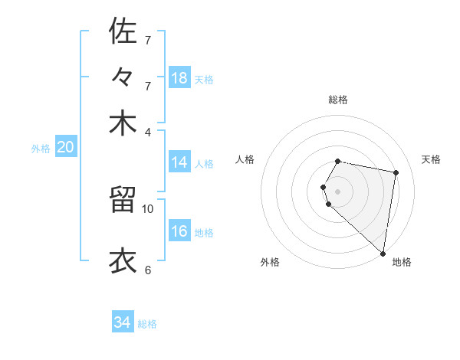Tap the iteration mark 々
[x=123, y=79]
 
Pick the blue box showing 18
[x=179, y=78]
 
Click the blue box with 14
[x=179, y=162]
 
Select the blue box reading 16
[x=179, y=232]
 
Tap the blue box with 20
[x=65, y=148]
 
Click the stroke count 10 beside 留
[x=148, y=208]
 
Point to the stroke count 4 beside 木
[x=148, y=132]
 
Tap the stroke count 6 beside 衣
[x=148, y=270]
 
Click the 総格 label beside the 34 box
[x=147, y=324]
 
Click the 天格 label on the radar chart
[x=431, y=159]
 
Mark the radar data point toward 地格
[x=383, y=254]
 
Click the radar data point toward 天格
[x=396, y=172]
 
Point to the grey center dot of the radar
[x=337, y=191]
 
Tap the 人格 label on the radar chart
[x=245, y=159]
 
